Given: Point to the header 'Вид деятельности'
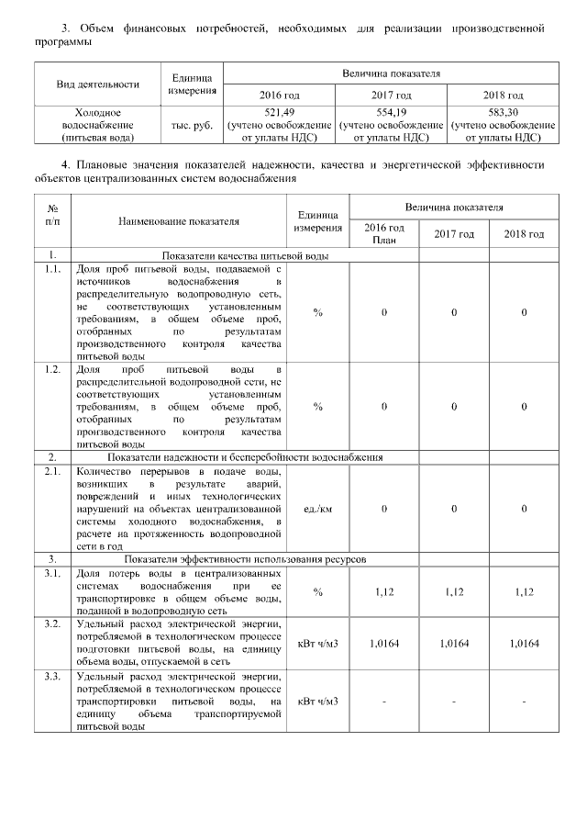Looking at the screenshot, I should [97, 84].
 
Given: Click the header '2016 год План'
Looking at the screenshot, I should [383, 233].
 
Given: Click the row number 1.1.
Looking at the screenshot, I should [53, 268].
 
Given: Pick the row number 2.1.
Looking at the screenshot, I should [53, 471].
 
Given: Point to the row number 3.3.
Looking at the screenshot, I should [53, 676].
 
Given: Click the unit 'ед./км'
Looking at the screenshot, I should [317, 508].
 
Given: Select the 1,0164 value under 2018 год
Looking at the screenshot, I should [524, 644].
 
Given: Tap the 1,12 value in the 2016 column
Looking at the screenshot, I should [383, 591].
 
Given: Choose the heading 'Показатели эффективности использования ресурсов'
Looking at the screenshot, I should [245, 558].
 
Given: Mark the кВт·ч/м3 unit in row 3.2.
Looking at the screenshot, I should [317, 644].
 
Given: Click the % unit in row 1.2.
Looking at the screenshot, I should [317, 405].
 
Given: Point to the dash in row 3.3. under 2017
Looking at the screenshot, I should [454, 702].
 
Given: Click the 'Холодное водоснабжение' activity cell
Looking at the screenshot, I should [97, 124].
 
